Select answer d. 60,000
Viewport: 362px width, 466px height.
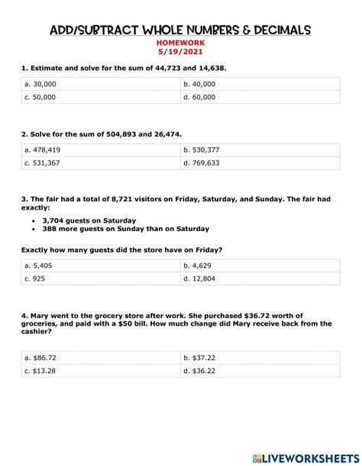pos(200,98)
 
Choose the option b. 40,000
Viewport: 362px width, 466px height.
pos(200,84)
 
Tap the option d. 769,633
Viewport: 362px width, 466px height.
pos(202,163)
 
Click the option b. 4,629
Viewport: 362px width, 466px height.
pos(197,265)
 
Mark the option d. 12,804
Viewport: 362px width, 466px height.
pos(199,278)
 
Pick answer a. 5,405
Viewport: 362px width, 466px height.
pos(39,265)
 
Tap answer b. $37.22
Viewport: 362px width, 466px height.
pos(199,357)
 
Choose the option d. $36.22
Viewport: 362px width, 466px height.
pos(199,371)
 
